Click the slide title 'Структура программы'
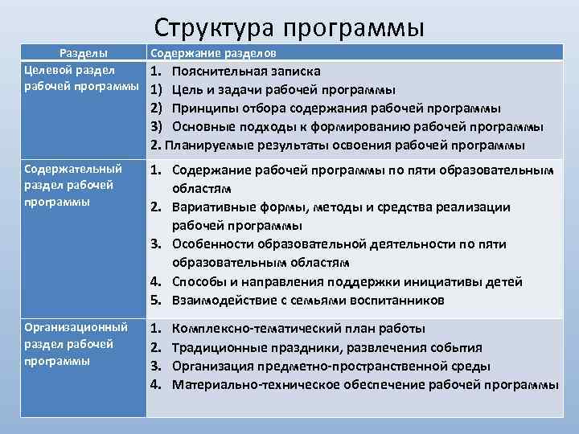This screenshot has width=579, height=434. [289, 27]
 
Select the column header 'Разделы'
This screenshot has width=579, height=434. [85, 53]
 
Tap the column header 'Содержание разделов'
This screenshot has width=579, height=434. [215, 53]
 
